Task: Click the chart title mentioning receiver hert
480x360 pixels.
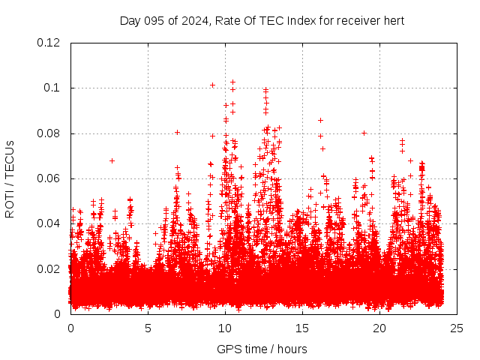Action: [262, 20]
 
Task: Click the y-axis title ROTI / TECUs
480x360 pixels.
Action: [10, 178]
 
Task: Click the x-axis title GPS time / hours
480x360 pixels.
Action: [262, 349]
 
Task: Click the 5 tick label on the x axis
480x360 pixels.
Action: [148, 328]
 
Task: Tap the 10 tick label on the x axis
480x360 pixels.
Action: [225, 328]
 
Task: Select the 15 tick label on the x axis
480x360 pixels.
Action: [302, 328]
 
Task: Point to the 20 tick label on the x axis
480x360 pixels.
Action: [379, 328]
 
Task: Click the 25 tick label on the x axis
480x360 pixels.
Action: [457, 328]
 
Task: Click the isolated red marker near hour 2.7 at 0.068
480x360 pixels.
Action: [112, 160]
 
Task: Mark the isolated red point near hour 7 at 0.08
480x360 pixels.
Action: [178, 132]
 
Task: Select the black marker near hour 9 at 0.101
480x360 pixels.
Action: [212, 85]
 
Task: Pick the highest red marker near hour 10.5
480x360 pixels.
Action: [232, 82]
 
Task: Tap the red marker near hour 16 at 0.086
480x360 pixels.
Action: [320, 120]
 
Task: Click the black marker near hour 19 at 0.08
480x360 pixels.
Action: [364, 133]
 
